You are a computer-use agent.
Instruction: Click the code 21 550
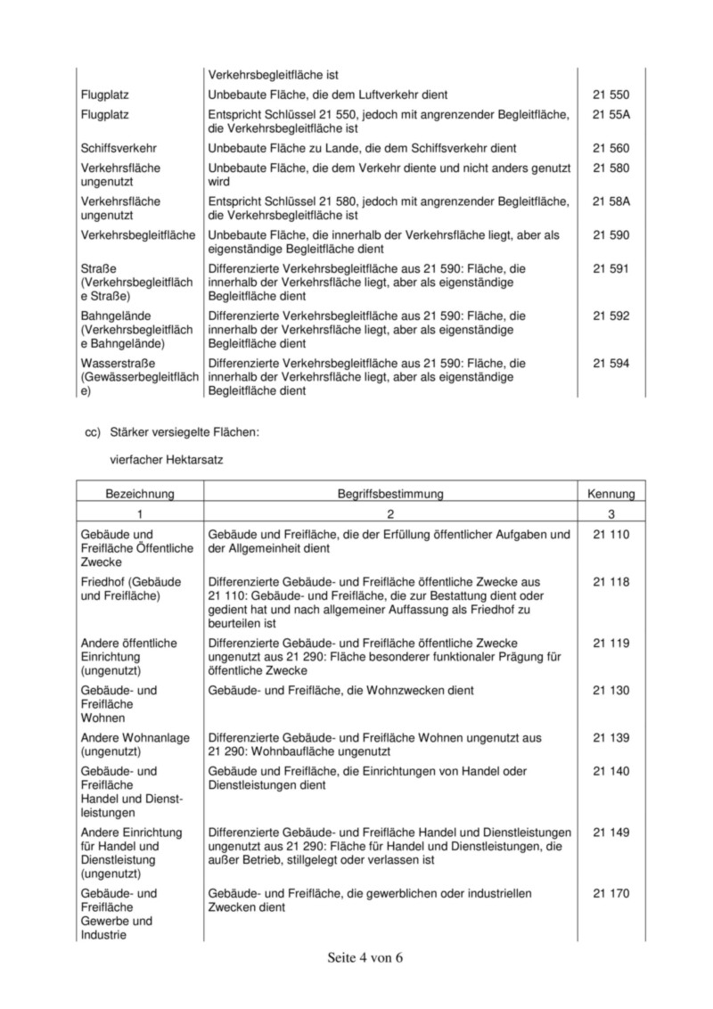pyautogui.click(x=611, y=94)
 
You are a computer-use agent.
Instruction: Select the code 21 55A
pyautogui.click(x=611, y=115)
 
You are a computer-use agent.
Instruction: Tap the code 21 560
pyautogui.click(x=611, y=147)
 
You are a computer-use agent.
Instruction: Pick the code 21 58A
pyautogui.click(x=611, y=201)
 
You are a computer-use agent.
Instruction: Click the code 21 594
pyautogui.click(x=611, y=363)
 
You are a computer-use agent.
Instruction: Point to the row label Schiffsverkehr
pyautogui.click(x=118, y=147)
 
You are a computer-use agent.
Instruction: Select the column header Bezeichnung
pyautogui.click(x=140, y=493)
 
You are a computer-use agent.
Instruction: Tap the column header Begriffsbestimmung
pyautogui.click(x=390, y=493)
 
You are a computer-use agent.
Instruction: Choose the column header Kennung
pyautogui.click(x=611, y=493)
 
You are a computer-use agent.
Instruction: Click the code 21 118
pyautogui.click(x=611, y=582)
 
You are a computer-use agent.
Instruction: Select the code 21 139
pyautogui.click(x=611, y=737)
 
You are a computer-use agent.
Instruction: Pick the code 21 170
pyautogui.click(x=611, y=893)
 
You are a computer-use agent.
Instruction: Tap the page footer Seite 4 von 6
pyautogui.click(x=365, y=958)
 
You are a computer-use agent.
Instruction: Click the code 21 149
pyautogui.click(x=611, y=832)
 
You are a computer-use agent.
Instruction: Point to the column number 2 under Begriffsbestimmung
pyautogui.click(x=390, y=513)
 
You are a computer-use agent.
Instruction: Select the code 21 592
pyautogui.click(x=611, y=316)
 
